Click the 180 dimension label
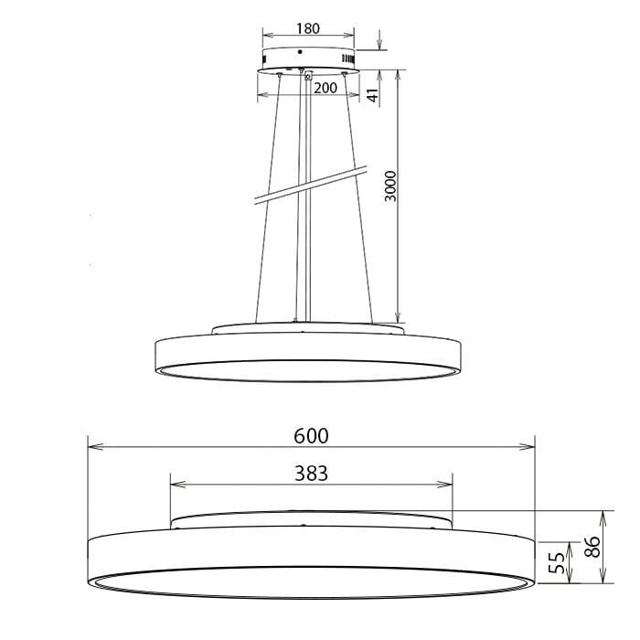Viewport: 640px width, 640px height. (308, 28)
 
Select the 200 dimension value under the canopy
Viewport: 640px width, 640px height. (325, 88)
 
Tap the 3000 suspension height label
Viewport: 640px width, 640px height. (390, 186)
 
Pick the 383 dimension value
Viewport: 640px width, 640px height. (312, 473)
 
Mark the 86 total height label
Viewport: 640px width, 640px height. (592, 547)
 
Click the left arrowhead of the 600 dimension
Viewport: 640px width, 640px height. (91, 447)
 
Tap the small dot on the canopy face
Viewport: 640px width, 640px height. (300, 52)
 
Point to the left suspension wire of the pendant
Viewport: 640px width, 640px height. (266, 201)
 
